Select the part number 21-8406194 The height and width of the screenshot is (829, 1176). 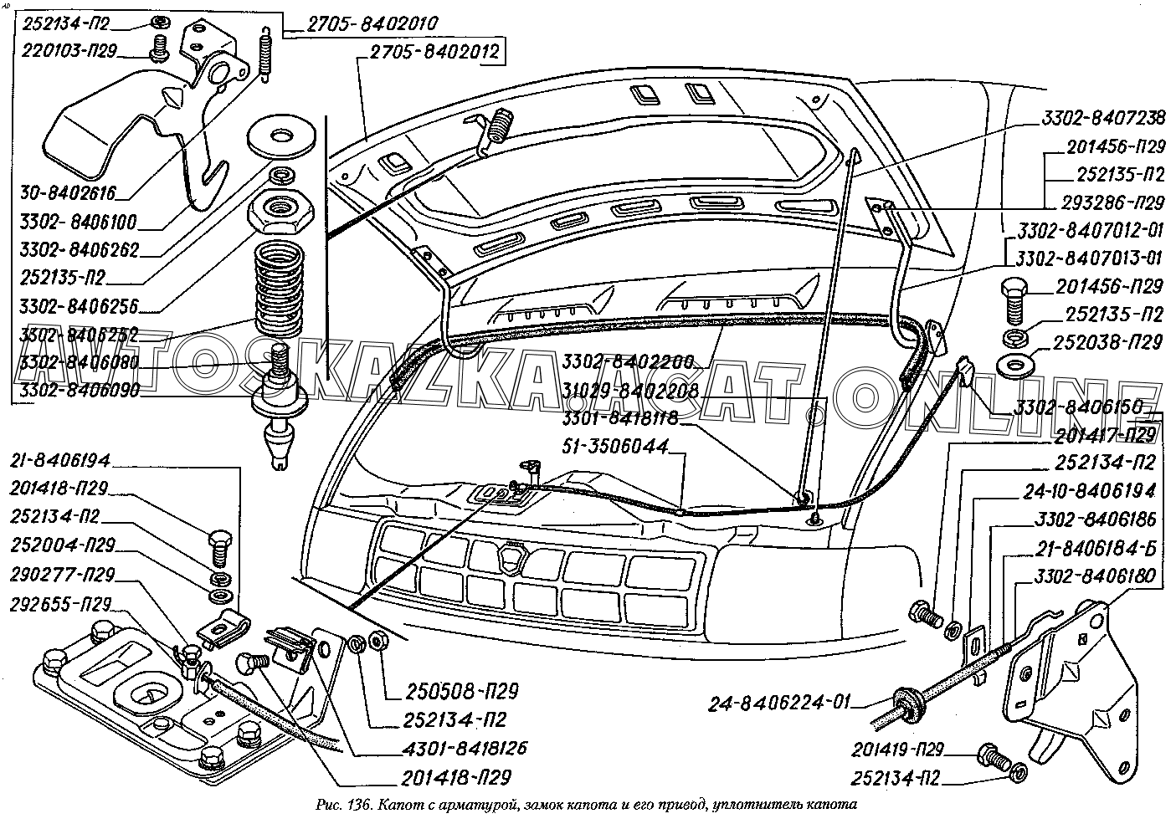click(x=65, y=460)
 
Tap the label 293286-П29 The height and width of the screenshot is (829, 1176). click(x=1115, y=203)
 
